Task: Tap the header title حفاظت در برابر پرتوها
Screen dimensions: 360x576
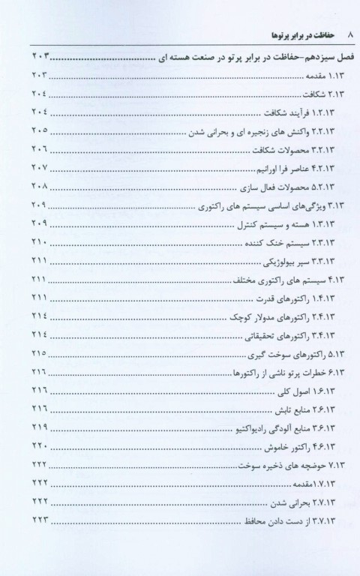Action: tap(289, 34)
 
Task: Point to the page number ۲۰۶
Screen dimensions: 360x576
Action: tap(38, 149)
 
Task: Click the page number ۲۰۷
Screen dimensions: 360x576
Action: tap(38, 168)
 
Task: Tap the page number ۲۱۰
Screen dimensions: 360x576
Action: tap(38, 243)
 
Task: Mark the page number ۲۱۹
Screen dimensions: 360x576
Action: tap(38, 428)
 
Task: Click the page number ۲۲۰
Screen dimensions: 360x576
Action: tap(38, 447)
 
